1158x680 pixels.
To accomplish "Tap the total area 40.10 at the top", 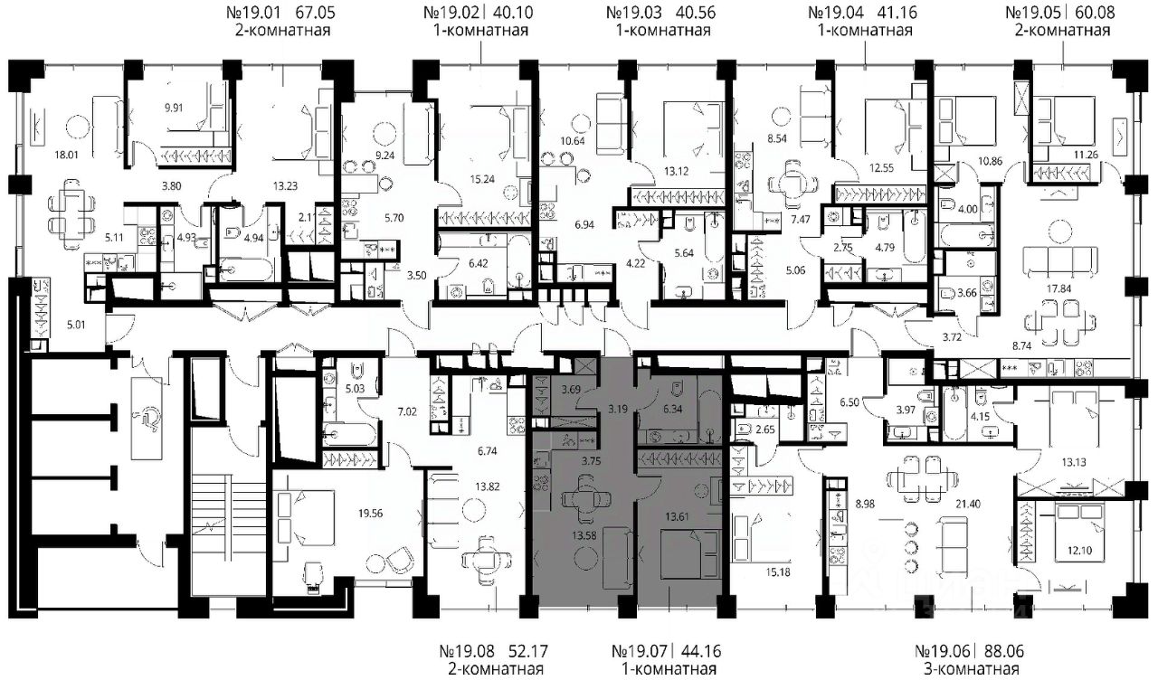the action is [512, 13].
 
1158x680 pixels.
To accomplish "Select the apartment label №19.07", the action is [639, 651].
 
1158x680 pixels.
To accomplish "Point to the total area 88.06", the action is [1002, 651].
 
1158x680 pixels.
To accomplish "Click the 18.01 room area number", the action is [67, 154].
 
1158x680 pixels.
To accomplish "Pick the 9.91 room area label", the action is [174, 108].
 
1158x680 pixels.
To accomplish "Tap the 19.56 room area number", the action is [371, 513].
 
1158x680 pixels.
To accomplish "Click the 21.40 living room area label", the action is [968, 504].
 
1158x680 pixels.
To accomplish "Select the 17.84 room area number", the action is [1058, 288].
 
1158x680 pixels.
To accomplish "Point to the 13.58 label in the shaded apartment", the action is [584, 536].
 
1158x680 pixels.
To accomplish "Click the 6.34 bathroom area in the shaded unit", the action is [672, 409].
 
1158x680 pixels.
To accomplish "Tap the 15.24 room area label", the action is [482, 179].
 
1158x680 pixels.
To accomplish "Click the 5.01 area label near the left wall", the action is [76, 325].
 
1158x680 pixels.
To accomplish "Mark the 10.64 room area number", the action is [573, 140].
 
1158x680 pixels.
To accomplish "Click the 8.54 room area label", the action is [777, 138].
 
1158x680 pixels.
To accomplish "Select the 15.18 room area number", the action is [778, 572].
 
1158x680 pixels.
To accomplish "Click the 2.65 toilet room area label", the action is [764, 429].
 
